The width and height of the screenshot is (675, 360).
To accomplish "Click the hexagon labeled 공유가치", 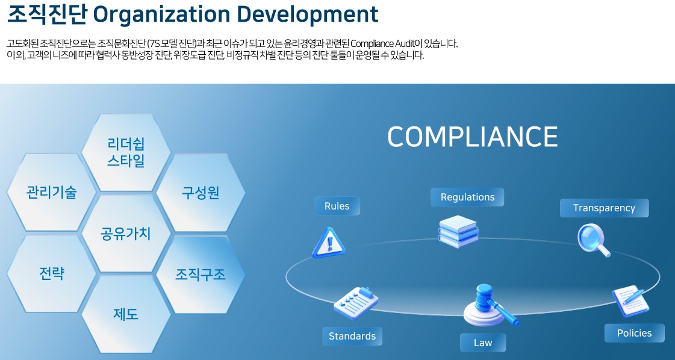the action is [x=126, y=234].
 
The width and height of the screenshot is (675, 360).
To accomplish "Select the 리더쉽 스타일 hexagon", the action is [x=126, y=152].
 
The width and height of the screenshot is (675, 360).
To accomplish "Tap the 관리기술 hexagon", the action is [x=51, y=192].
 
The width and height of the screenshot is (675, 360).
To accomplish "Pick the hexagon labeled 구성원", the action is [x=201, y=193].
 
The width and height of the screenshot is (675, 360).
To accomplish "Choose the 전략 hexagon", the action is [x=51, y=273].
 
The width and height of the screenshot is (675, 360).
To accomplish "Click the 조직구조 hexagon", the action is [x=201, y=275].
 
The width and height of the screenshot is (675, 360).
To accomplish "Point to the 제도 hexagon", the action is [x=126, y=314].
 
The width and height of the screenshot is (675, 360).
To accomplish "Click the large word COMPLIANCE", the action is [x=472, y=137].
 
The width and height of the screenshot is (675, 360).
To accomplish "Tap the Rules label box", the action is [x=337, y=206].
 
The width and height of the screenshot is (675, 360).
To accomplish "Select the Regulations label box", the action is [x=467, y=197].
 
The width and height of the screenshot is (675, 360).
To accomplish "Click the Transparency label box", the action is [x=604, y=208].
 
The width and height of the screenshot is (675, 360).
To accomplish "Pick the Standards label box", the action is [x=352, y=337].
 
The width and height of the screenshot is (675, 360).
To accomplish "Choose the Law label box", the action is [x=483, y=343].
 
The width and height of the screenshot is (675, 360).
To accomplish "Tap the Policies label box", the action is [x=635, y=334].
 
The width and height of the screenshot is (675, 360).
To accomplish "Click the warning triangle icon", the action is [x=328, y=243].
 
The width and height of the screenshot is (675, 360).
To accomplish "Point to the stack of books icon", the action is [x=458, y=231].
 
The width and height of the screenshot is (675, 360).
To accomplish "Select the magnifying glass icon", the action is [x=594, y=240].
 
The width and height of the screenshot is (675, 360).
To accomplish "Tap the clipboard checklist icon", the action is [x=356, y=303].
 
